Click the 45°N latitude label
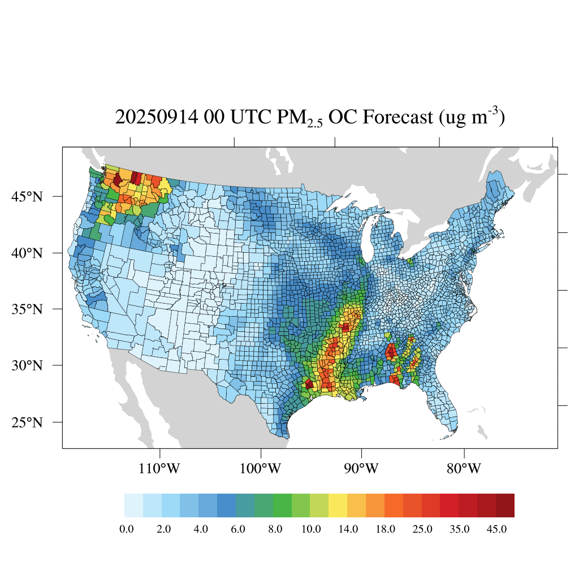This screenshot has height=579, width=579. coord(28,197)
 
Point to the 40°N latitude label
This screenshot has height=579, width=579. coord(28,253)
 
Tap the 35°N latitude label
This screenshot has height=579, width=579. coord(28,309)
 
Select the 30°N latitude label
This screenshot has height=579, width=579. coord(28,365)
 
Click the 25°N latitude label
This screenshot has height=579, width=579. coord(28,422)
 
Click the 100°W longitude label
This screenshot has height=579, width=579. coord(261,469)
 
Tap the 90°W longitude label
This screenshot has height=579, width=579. coord(361,469)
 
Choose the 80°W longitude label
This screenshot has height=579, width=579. coord(464,469)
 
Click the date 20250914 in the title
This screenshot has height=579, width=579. coord(151,118)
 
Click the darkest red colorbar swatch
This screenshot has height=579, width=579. coord(505,505)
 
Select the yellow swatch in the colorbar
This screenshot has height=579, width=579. coord(338,505)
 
